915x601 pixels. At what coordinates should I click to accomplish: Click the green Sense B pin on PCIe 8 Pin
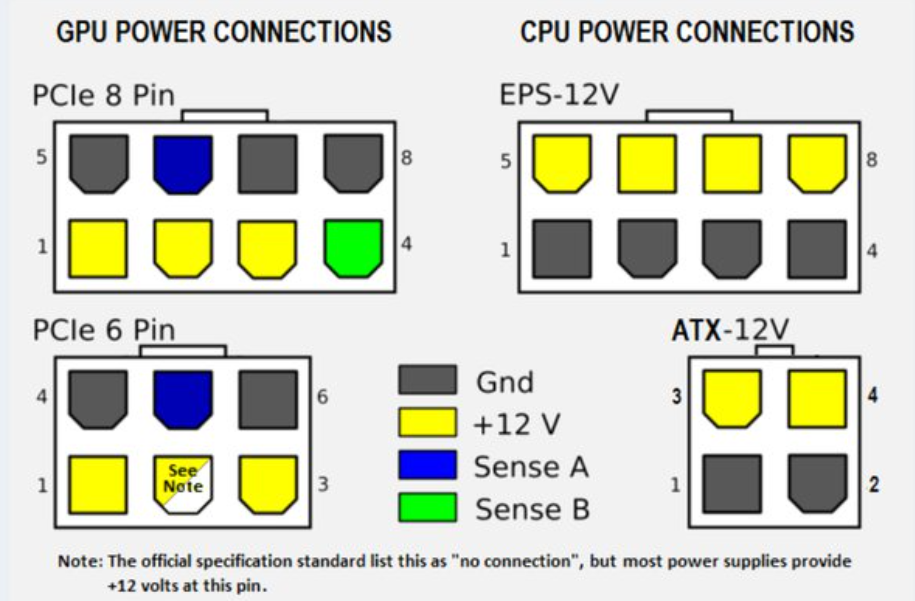353,248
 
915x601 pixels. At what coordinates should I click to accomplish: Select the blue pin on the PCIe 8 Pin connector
183,164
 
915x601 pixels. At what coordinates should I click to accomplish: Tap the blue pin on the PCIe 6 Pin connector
183,399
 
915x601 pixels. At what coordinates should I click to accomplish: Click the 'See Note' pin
183,483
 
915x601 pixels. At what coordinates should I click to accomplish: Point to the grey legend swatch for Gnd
427,380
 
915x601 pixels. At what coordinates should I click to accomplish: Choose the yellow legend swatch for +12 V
427,422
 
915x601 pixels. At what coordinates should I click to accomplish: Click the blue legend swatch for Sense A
427,465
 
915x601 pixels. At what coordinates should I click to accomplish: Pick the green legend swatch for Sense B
427,507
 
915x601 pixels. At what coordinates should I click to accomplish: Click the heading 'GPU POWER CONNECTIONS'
224,32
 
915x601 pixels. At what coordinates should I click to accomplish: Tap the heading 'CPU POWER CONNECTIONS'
687,32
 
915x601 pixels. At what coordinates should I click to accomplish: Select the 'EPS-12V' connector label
558,95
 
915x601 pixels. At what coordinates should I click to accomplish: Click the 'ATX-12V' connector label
730,330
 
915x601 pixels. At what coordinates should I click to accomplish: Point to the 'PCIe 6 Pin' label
104,330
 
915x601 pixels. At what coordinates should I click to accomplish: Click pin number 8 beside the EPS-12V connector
872,159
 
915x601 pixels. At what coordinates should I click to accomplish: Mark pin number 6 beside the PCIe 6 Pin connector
322,397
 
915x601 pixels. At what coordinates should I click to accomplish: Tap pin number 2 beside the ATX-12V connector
874,485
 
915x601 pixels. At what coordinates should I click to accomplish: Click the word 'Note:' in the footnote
81,561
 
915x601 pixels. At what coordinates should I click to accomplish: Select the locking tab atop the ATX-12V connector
774,351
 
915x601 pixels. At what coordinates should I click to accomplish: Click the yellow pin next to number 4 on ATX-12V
817,399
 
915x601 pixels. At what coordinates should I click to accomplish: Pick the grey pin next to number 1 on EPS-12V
562,249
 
